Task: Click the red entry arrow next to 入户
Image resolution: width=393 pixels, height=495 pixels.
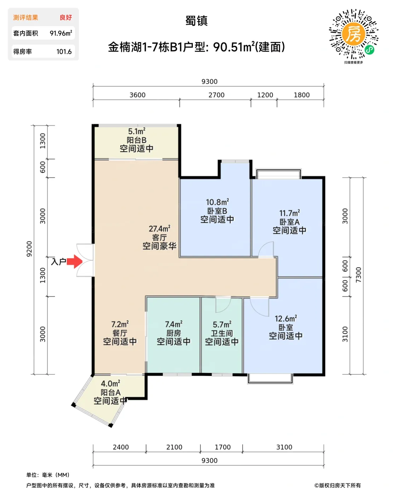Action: (x=75, y=262)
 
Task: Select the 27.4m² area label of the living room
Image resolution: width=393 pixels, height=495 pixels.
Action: (x=160, y=229)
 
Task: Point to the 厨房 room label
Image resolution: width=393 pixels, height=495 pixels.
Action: (x=174, y=333)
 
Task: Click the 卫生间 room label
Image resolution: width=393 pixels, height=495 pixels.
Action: (x=222, y=333)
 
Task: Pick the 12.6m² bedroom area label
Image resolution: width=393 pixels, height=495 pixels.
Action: (x=286, y=319)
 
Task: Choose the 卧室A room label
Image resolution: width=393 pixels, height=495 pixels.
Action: (x=289, y=222)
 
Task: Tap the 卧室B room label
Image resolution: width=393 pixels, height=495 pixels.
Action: (x=217, y=211)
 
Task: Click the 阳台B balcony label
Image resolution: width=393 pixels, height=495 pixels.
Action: (x=137, y=140)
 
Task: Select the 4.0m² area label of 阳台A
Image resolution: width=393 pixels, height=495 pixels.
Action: (x=110, y=383)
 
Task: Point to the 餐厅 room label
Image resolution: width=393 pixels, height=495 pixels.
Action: (x=120, y=333)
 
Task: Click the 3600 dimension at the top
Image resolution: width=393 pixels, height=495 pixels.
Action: (x=137, y=95)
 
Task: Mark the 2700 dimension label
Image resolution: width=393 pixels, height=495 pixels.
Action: (x=216, y=95)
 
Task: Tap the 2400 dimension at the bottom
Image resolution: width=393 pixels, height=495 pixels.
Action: (x=121, y=447)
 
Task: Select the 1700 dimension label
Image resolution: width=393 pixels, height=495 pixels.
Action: (x=222, y=447)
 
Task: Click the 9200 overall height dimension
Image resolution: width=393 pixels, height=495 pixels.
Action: (x=29, y=249)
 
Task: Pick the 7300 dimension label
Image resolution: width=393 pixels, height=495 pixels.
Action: (x=358, y=275)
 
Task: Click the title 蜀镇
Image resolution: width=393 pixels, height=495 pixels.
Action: (x=197, y=21)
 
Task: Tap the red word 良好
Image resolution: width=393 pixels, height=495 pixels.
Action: (x=66, y=17)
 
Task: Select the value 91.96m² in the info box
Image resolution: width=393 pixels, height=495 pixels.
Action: (x=61, y=33)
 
